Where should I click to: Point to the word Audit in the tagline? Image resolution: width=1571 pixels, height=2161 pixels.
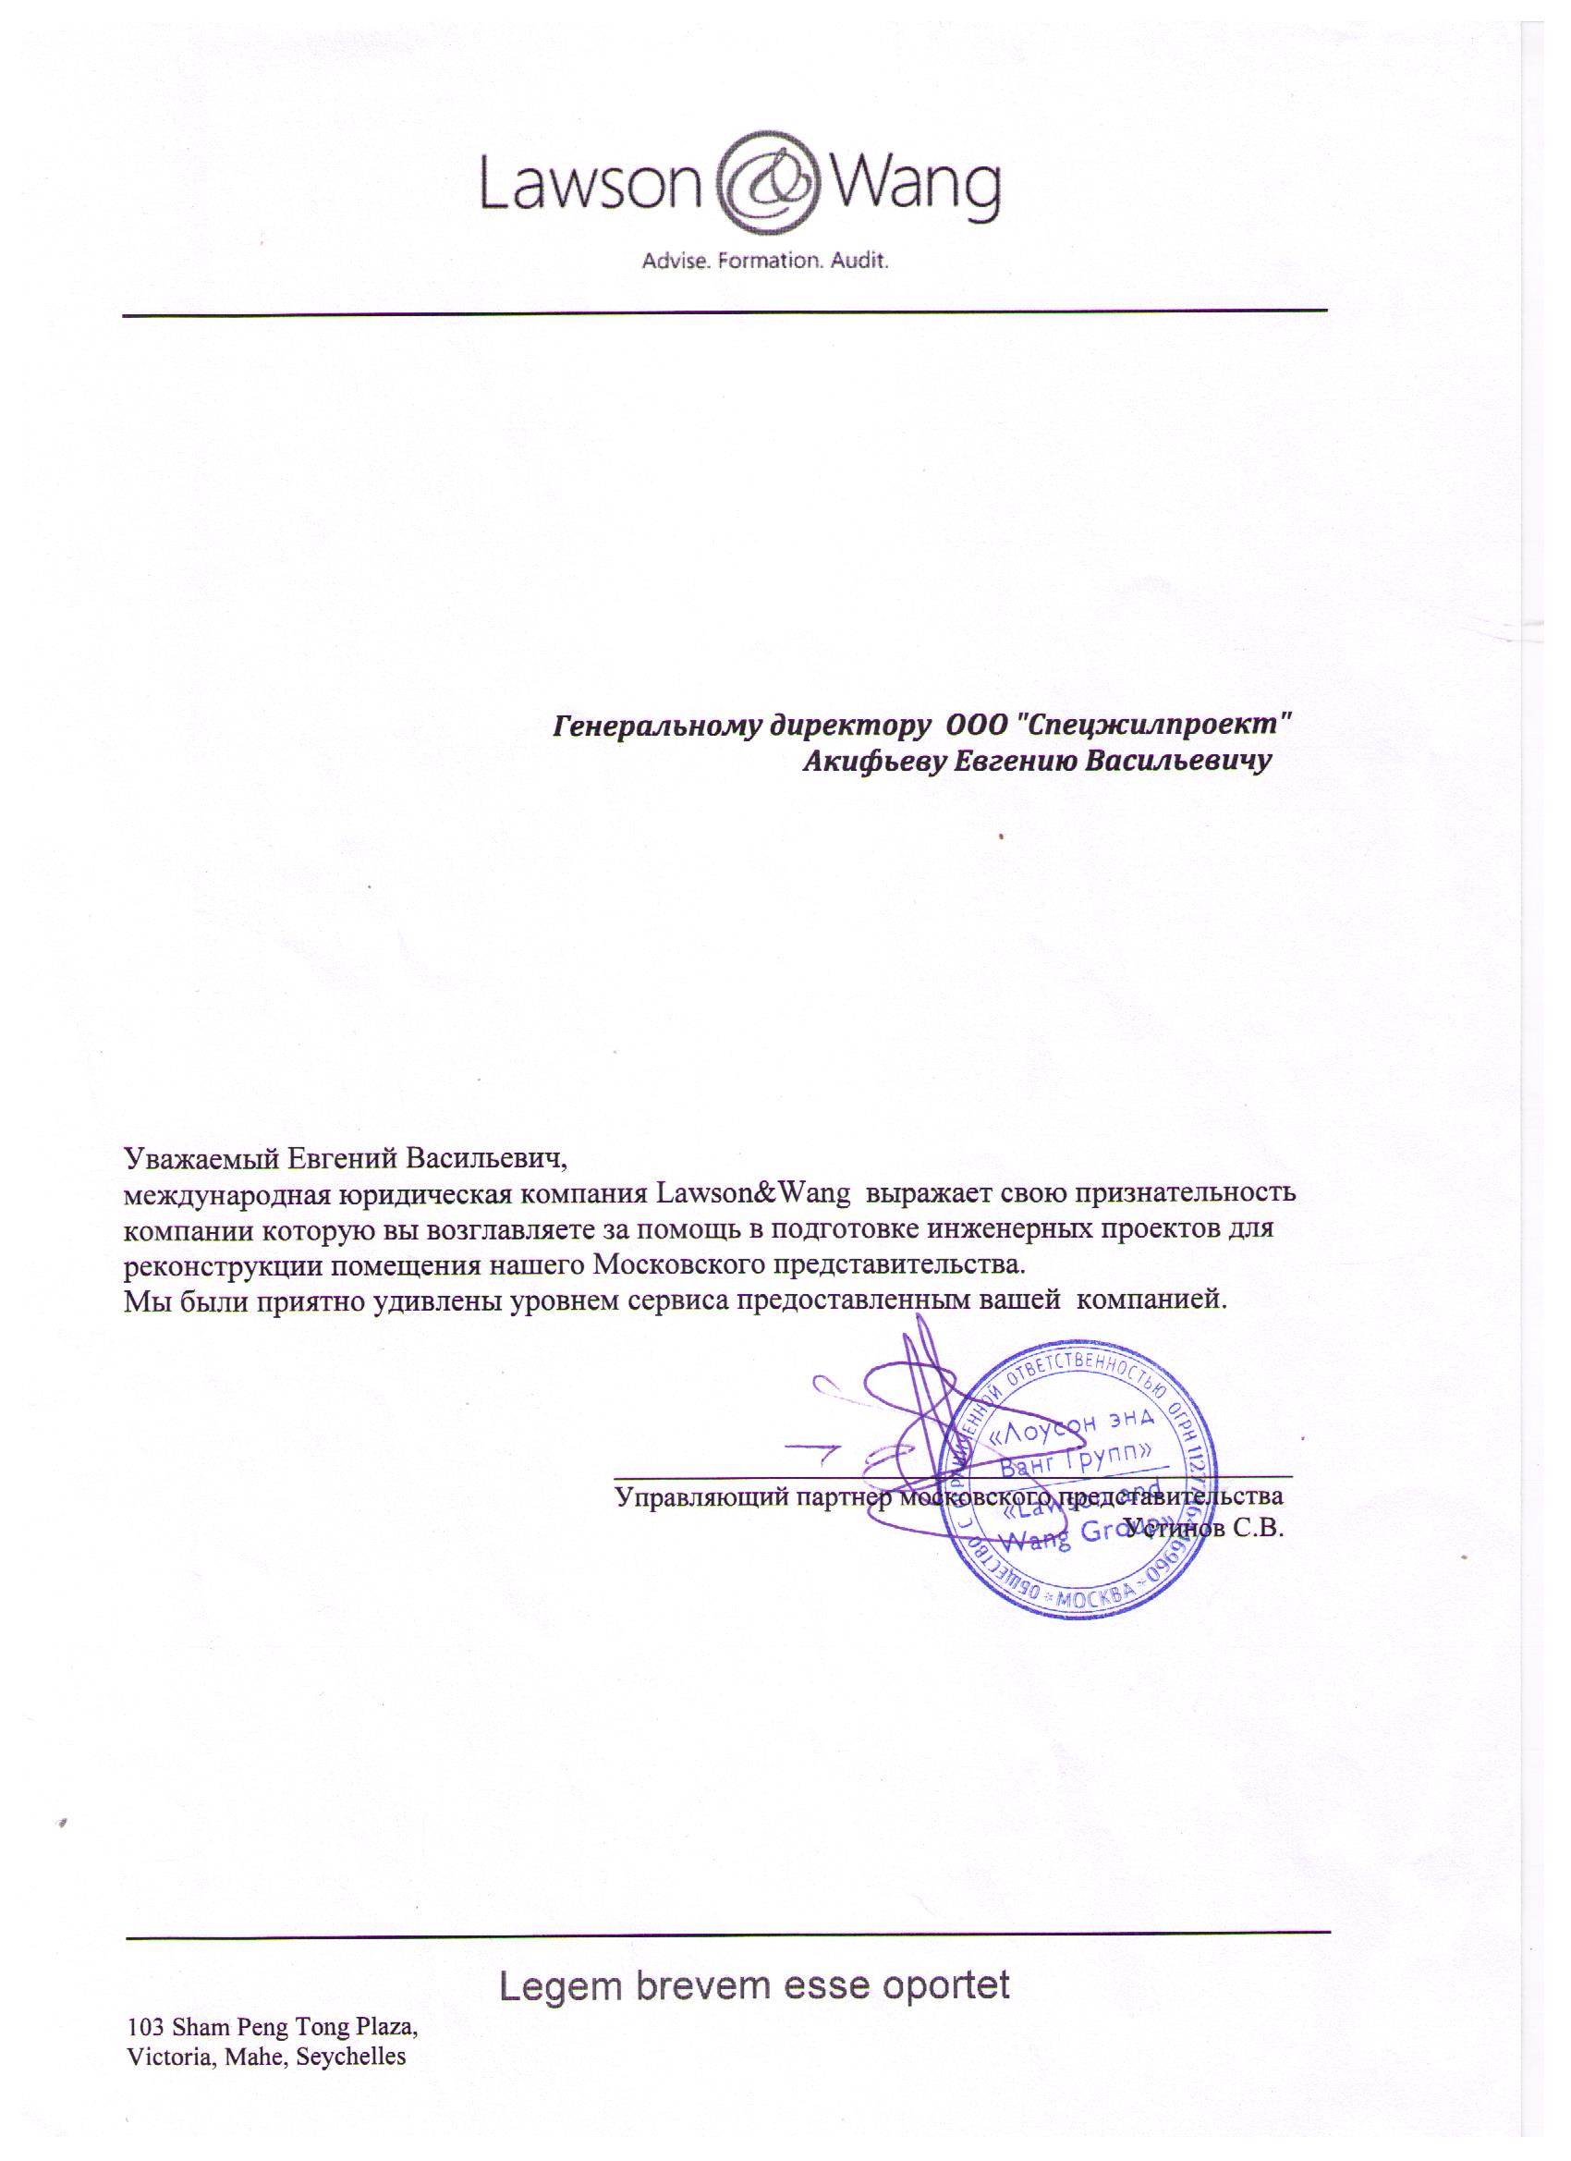coord(859,260)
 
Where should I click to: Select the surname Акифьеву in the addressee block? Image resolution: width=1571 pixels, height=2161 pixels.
coord(873,762)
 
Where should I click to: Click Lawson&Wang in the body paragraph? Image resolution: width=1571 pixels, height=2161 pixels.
coord(753,1194)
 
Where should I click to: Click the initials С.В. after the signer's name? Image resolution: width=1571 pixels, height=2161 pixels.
coord(1260,1531)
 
